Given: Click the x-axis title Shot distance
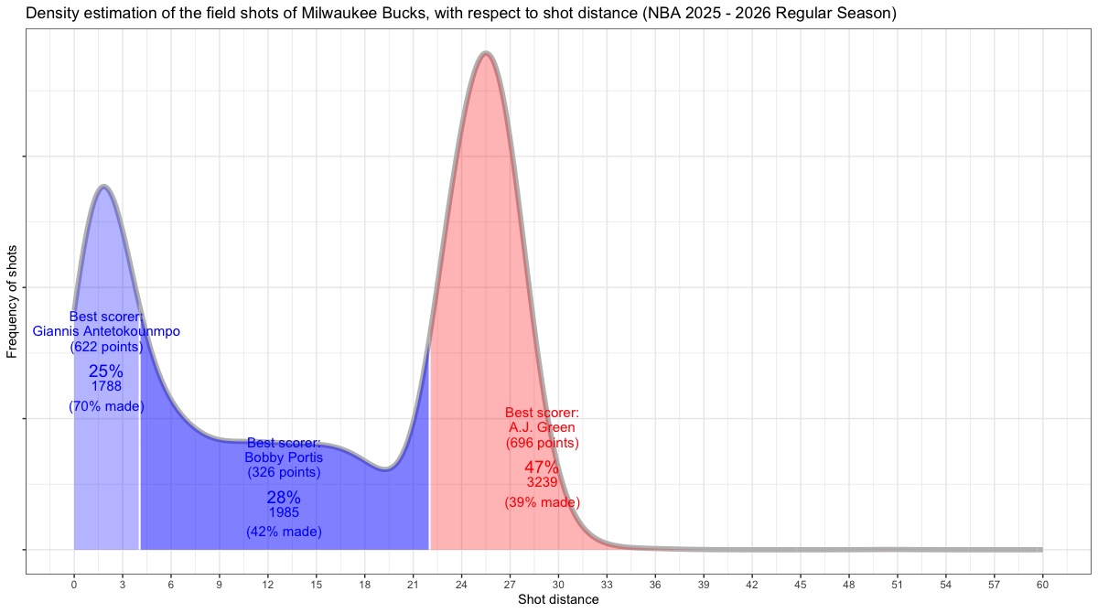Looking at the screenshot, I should [558, 600].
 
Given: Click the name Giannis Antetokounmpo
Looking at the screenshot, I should [106, 331].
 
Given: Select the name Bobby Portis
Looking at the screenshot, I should [284, 457].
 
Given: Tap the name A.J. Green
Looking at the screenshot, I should [542, 427].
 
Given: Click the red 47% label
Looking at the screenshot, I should [542, 468].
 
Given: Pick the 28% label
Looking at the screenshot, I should [284, 498].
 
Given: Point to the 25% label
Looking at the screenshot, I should [106, 371].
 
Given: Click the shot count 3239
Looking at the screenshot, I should [542, 482].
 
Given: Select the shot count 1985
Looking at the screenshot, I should [284, 512].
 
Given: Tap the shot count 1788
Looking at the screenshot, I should [106, 386].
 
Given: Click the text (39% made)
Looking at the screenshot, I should [542, 502].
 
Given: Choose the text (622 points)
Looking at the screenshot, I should [106, 347].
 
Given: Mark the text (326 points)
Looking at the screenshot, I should [284, 473].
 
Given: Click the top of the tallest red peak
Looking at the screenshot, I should [485, 54].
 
